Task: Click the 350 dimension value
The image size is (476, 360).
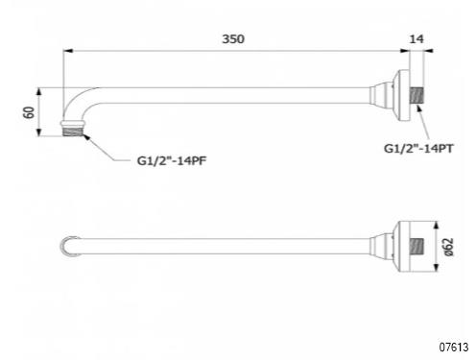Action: tap(233, 39)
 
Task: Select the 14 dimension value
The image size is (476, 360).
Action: tap(416, 39)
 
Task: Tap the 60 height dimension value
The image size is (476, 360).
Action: tap(29, 112)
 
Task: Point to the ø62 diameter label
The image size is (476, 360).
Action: tap(449, 247)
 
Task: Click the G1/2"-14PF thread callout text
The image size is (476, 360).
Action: tap(172, 160)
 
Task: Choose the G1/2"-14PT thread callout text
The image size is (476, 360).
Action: tap(418, 149)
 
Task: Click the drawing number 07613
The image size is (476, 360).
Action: tap(454, 347)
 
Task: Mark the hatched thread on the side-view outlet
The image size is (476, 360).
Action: tap(73, 132)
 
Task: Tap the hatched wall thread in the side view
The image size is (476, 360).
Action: tap(416, 95)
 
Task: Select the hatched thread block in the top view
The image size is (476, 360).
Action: tap(416, 246)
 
